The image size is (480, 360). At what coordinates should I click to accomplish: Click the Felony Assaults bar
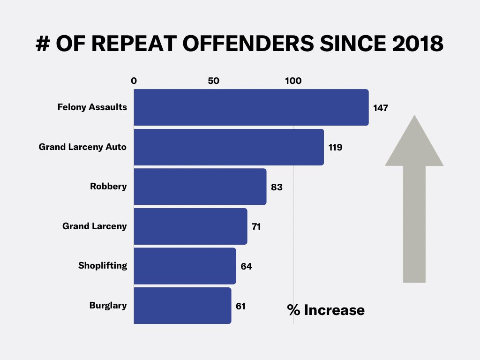(x=251, y=107)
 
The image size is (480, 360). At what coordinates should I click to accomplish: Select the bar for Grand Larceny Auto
(x=229, y=147)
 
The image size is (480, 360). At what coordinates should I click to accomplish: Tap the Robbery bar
(x=200, y=187)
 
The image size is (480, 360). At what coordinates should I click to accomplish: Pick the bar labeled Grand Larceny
(x=190, y=226)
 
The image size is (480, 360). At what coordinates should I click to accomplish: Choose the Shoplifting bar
(x=185, y=266)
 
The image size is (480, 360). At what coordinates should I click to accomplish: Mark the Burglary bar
(x=182, y=306)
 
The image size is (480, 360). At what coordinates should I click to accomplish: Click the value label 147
(x=381, y=108)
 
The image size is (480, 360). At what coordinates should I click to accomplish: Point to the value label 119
(x=335, y=147)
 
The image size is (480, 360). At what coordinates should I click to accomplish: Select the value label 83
(x=277, y=187)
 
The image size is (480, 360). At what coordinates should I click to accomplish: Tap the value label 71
(x=256, y=227)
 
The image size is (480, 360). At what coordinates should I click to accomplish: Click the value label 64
(x=246, y=266)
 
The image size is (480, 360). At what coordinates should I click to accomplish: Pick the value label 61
(x=240, y=306)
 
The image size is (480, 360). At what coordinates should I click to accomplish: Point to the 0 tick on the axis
(x=134, y=81)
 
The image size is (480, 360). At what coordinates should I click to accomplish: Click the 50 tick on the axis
(x=214, y=81)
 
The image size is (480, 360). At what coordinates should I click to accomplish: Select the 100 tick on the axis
(x=293, y=81)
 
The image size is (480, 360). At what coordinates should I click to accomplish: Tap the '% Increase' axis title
(x=326, y=310)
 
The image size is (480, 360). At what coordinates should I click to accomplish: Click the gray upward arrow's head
(x=414, y=143)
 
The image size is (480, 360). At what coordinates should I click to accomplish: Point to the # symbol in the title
(x=43, y=44)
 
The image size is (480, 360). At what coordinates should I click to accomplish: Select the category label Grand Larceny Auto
(x=82, y=147)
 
